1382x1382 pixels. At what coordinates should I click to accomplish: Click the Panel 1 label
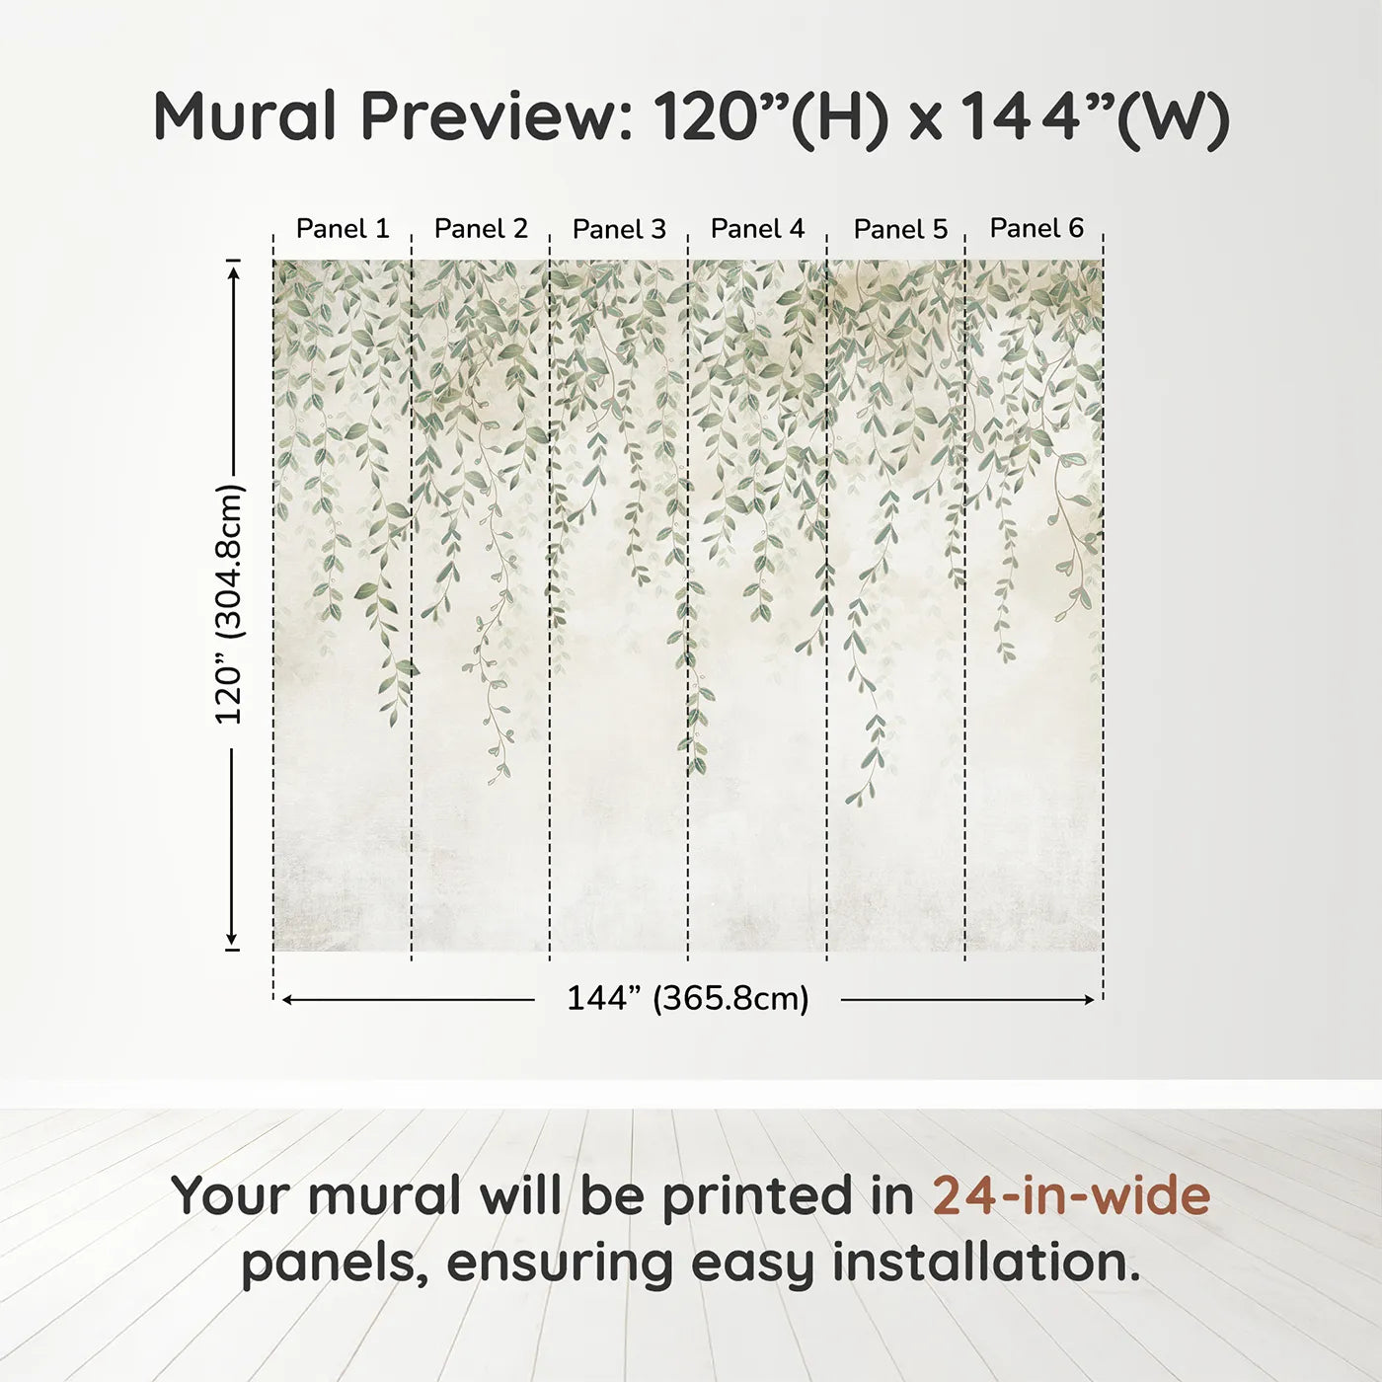[x=343, y=228]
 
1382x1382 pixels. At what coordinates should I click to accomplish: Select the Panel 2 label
[x=481, y=228]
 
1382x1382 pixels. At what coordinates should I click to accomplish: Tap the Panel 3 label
[x=619, y=229]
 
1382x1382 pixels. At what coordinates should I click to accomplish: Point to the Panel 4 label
[x=757, y=228]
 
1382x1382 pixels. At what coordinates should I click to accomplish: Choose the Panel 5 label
[x=900, y=229]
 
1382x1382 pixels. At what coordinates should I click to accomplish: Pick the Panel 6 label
[x=1036, y=228]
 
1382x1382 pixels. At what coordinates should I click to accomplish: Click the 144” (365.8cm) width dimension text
[x=687, y=998]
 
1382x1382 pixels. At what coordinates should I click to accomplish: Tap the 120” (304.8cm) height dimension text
[x=229, y=604]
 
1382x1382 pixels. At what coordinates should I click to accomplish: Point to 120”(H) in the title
[x=770, y=116]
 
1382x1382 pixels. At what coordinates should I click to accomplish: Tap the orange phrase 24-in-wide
[x=1071, y=1195]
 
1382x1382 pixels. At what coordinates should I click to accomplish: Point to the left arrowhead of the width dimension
[x=287, y=1000]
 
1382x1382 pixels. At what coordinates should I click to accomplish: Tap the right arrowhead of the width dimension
[x=1089, y=1000]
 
